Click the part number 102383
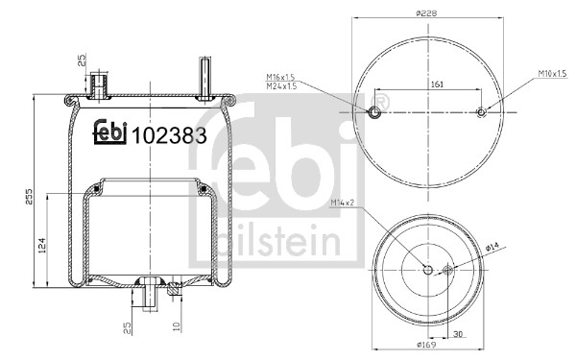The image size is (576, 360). point(169,136)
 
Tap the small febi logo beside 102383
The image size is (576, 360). point(110,132)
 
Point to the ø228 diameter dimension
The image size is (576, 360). point(426,13)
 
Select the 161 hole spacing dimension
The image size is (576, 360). point(437,84)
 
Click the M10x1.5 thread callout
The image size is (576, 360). point(553,74)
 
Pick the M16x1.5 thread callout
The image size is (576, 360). point(280,77)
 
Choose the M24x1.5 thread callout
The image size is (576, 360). point(281,86)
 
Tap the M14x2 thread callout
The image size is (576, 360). point(342,203)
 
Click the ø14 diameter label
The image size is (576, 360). point(492,247)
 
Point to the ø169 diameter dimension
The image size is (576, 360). point(426,345)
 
